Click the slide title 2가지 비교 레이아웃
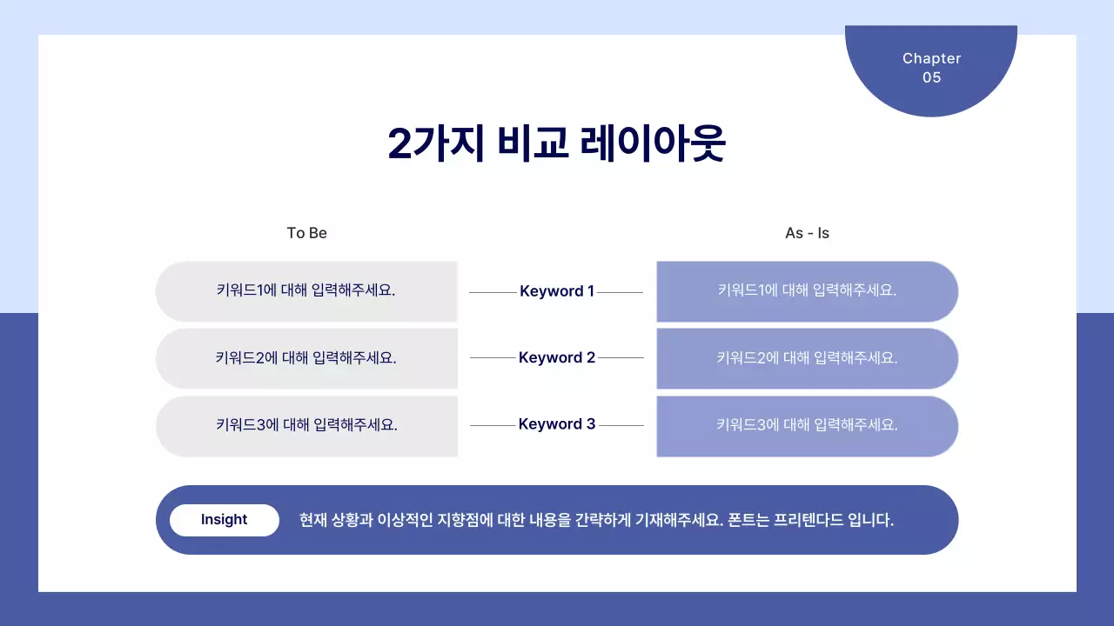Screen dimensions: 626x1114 [x=556, y=144]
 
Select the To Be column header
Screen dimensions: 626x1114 [x=307, y=233]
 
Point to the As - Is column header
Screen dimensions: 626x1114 [x=807, y=233]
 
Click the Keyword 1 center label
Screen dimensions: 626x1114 [x=557, y=291]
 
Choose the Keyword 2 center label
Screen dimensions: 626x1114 [x=557, y=357]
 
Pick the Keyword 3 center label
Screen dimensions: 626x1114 [x=557, y=424]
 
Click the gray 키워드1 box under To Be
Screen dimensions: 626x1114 [x=306, y=291]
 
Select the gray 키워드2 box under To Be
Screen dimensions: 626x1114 [x=306, y=358]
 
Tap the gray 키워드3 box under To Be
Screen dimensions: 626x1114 [x=306, y=426]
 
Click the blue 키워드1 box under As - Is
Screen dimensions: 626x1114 [x=807, y=291]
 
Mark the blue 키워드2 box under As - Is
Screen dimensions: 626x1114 [x=807, y=358]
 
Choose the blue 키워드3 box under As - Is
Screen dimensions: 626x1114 [x=807, y=426]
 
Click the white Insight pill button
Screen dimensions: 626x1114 [x=225, y=520]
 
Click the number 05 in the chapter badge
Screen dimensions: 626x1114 [x=931, y=77]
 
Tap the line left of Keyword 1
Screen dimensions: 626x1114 [x=493, y=292]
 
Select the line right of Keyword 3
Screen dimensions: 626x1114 [x=621, y=425]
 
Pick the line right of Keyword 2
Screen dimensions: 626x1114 [x=621, y=357]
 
